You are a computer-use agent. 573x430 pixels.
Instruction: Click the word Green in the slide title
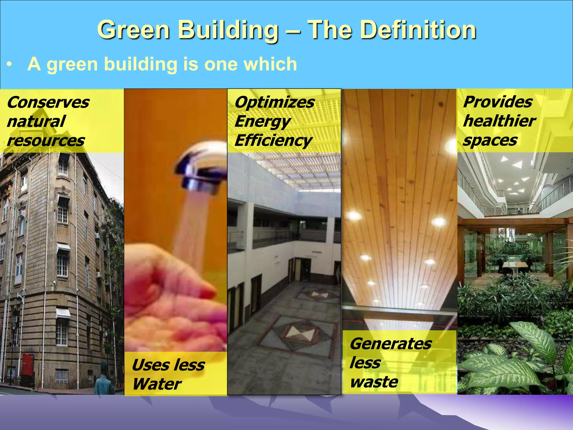[133, 30]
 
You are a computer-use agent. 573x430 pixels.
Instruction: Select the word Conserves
[48, 102]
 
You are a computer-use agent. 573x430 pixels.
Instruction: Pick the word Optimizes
[274, 102]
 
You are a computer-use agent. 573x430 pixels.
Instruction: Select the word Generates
[391, 344]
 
